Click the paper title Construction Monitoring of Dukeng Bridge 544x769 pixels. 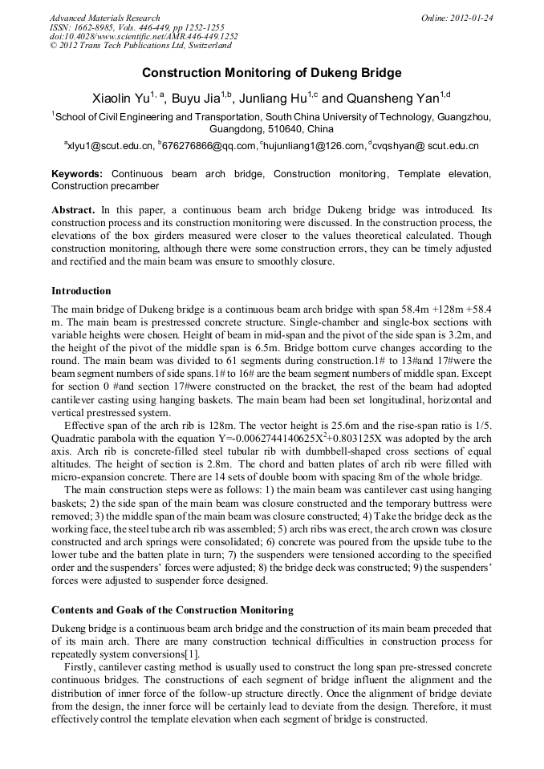(x=271, y=73)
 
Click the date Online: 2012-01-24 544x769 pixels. (x=457, y=18)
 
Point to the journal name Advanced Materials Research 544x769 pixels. (x=104, y=18)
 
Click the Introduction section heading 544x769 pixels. (x=81, y=290)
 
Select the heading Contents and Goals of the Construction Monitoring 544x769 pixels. (x=172, y=609)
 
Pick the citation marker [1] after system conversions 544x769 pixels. (x=193, y=654)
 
